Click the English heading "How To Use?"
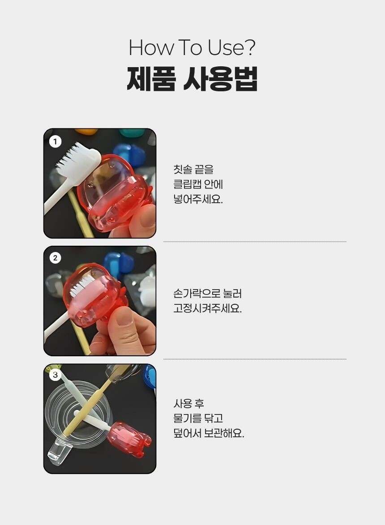192,47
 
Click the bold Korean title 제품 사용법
192,79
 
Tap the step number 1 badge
55,141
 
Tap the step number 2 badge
55,258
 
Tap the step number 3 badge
55,375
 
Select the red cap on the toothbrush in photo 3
129,439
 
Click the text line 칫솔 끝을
193,170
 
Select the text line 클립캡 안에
198,184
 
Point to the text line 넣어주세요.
198,200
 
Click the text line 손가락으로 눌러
207,294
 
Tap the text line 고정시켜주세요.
207,308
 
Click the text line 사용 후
188,403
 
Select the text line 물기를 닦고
198,418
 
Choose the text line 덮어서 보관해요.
209,434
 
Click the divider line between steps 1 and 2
255,241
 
